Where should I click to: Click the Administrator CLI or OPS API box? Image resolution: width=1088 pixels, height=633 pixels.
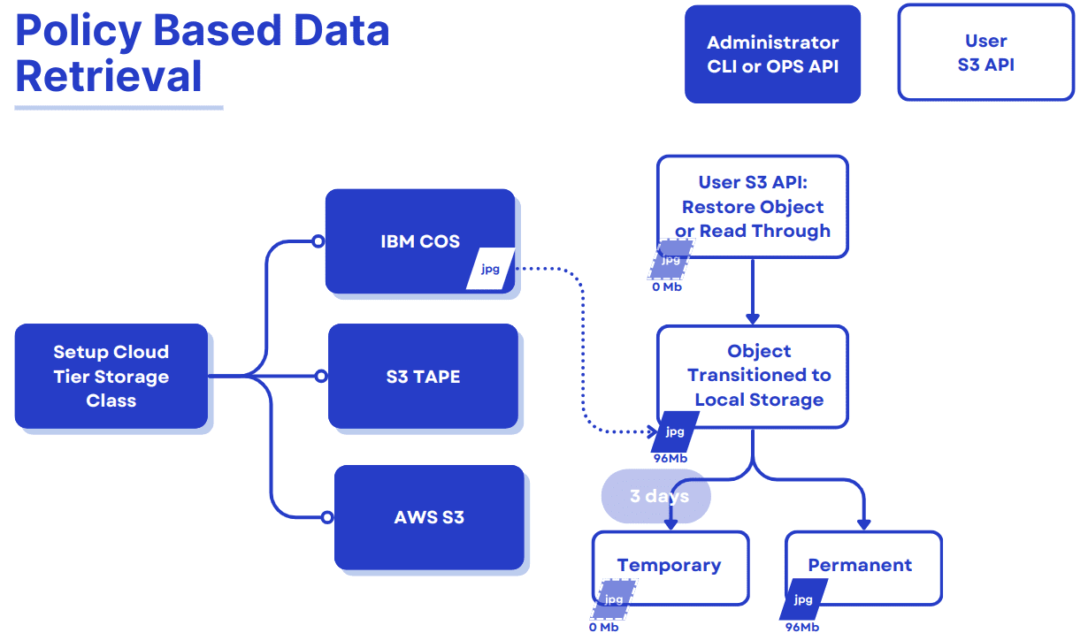point(772,54)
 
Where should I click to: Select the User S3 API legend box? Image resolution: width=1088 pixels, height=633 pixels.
point(985,53)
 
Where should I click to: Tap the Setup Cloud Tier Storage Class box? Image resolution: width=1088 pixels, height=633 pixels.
point(111,376)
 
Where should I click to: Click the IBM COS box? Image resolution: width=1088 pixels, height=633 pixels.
point(419,240)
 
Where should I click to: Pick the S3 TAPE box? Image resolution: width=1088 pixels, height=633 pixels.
point(423,376)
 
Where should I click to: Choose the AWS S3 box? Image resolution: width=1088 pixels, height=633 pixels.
point(429,517)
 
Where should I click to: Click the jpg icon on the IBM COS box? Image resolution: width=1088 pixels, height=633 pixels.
point(490,269)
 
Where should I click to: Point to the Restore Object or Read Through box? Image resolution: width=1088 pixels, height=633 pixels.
point(752,207)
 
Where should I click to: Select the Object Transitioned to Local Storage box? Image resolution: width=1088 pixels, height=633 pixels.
point(752,376)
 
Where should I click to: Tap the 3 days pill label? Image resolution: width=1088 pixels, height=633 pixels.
point(656,496)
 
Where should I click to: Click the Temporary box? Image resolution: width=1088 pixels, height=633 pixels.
point(670,566)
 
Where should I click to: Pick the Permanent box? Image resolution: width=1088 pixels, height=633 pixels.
point(862,566)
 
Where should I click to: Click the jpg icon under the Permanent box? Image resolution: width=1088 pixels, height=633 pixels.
point(803,600)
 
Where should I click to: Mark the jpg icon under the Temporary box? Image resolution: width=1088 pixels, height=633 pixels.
point(613,600)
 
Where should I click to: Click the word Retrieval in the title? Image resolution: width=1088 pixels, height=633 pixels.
point(109,76)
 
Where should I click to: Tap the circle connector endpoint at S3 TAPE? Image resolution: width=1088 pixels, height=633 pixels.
point(320,377)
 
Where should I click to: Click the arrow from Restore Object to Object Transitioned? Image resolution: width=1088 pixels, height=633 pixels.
point(752,292)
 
